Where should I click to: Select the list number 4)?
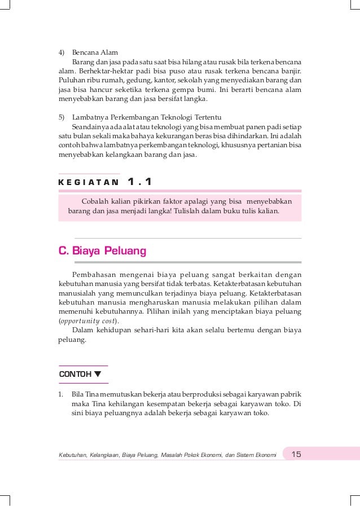pos(62,52)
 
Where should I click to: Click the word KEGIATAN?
pos(89,182)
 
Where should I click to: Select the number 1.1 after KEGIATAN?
pos(140,182)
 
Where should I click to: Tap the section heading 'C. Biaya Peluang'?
pos(102,250)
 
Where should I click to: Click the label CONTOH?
pos(75,375)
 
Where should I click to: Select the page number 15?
pos(296,454)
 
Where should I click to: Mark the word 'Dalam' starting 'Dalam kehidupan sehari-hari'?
pos(82,331)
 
